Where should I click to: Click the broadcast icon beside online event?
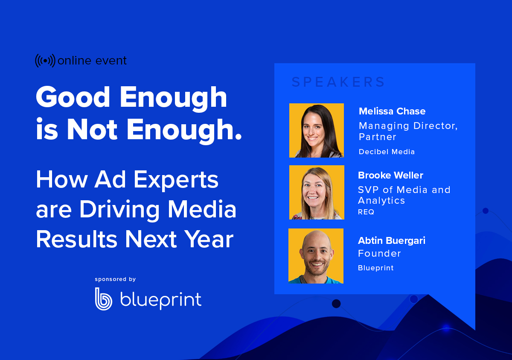tap(45, 61)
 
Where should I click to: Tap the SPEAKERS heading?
tap(338, 82)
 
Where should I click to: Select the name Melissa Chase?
tap(392, 111)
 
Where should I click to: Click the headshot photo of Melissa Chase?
tap(316, 130)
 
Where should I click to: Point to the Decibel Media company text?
tap(387, 152)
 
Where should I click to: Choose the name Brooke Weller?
tap(390, 175)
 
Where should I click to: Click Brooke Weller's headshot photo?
tap(316, 192)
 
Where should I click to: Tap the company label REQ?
tap(366, 212)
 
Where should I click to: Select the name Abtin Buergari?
tap(391, 240)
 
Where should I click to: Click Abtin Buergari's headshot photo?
tap(316, 256)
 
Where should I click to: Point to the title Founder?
tap(379, 253)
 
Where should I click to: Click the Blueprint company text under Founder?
tap(375, 268)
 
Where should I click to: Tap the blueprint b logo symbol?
tap(103, 299)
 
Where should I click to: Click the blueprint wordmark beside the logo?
tap(160, 300)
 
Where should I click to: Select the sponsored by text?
tap(115, 279)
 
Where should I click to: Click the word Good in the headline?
tap(73, 97)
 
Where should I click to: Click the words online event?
tap(92, 61)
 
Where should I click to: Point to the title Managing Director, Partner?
tap(408, 131)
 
